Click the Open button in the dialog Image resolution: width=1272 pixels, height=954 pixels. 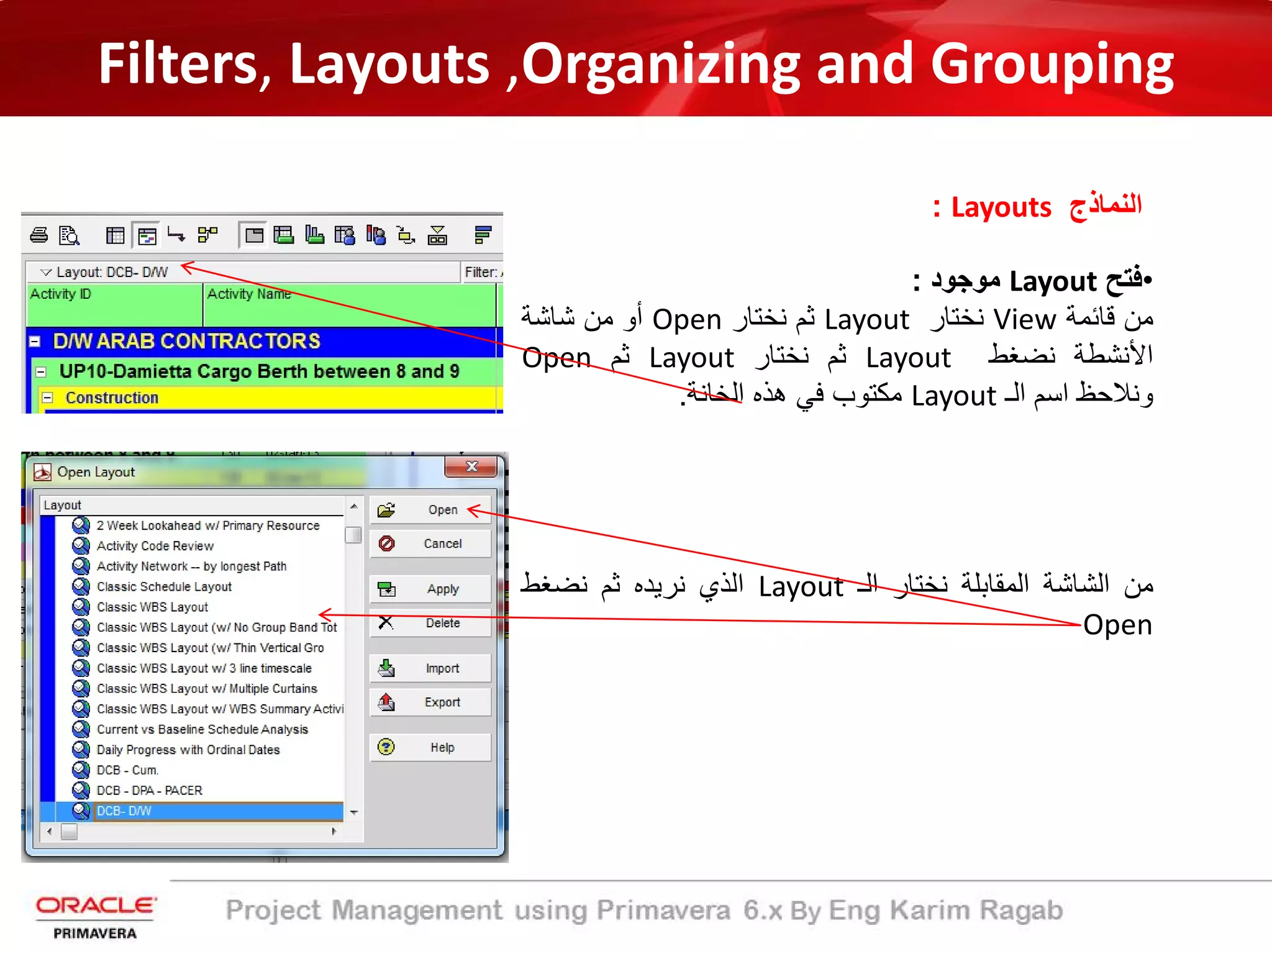coord(430,510)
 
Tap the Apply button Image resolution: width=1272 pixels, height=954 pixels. coord(430,589)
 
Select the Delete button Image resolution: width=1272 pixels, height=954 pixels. coord(430,623)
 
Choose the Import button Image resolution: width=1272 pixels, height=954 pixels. coord(430,668)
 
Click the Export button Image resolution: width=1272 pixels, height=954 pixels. coord(430,702)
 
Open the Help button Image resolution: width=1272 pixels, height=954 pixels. coord(430,747)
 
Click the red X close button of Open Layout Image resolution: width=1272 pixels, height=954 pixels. coord(471,466)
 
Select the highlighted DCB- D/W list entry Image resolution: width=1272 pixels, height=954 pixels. coord(124,811)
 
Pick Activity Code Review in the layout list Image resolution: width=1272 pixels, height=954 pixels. coord(155,546)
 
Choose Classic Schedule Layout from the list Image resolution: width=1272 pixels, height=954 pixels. coord(164,587)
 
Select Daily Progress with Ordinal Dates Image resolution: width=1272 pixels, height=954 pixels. coord(188,750)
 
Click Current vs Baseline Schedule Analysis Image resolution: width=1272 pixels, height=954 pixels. coord(202,730)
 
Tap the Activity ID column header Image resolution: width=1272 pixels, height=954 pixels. coord(61,294)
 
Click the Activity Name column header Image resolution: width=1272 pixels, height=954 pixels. coord(249,294)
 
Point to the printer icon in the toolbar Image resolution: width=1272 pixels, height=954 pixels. coord(39,235)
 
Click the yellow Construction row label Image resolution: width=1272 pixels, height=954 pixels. coord(112,398)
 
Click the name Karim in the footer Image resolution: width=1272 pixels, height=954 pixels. coord(930,911)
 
